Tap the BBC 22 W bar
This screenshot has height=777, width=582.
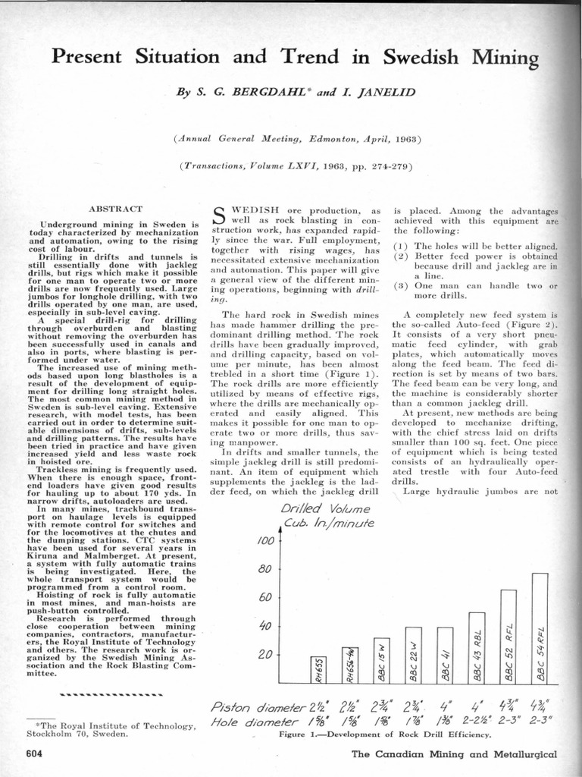tap(414, 655)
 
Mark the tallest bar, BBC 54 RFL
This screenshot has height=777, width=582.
tap(540, 628)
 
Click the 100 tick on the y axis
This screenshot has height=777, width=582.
tap(265, 541)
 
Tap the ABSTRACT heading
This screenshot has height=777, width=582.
tap(116, 208)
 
